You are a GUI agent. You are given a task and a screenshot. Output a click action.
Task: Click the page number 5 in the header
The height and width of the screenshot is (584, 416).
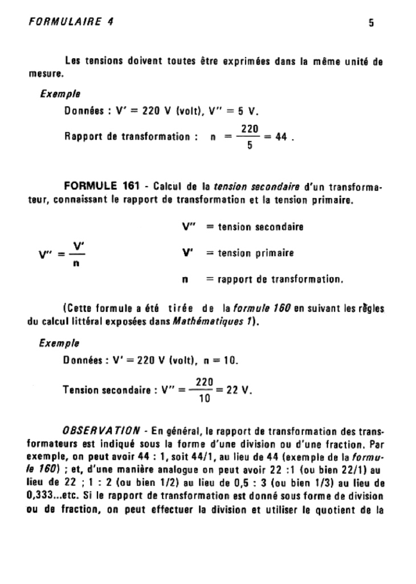[372, 23]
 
